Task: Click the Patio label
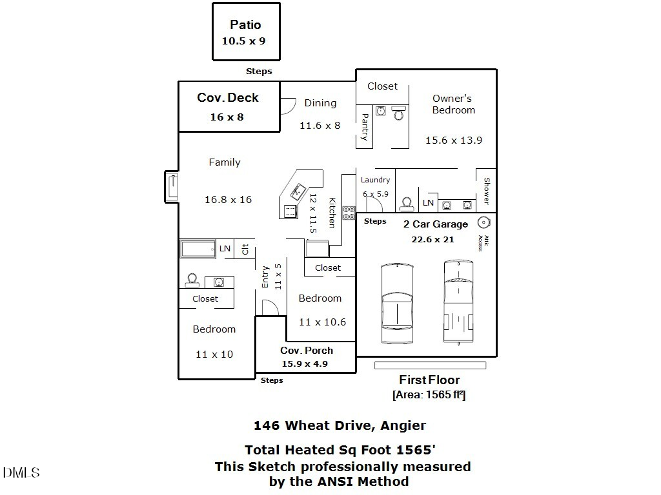pyautogui.click(x=245, y=25)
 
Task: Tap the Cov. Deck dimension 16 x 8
pyautogui.click(x=227, y=117)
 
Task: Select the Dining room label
pyautogui.click(x=320, y=103)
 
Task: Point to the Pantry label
pyautogui.click(x=365, y=127)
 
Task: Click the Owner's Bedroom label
pyautogui.click(x=453, y=104)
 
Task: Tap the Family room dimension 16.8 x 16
pyautogui.click(x=228, y=200)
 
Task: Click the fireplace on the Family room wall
pyautogui.click(x=172, y=187)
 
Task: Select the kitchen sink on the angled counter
pyautogui.click(x=298, y=190)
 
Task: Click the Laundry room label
pyautogui.click(x=375, y=180)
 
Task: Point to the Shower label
pyautogui.click(x=487, y=191)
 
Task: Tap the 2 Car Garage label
pyautogui.click(x=436, y=224)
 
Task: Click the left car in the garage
pyautogui.click(x=396, y=303)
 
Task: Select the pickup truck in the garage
pyautogui.click(x=460, y=302)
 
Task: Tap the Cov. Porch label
pyautogui.click(x=307, y=351)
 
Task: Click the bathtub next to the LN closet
pyautogui.click(x=198, y=249)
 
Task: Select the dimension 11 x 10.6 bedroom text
pyautogui.click(x=322, y=322)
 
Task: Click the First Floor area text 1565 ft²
pyautogui.click(x=429, y=395)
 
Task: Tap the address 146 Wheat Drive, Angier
pyautogui.click(x=340, y=425)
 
